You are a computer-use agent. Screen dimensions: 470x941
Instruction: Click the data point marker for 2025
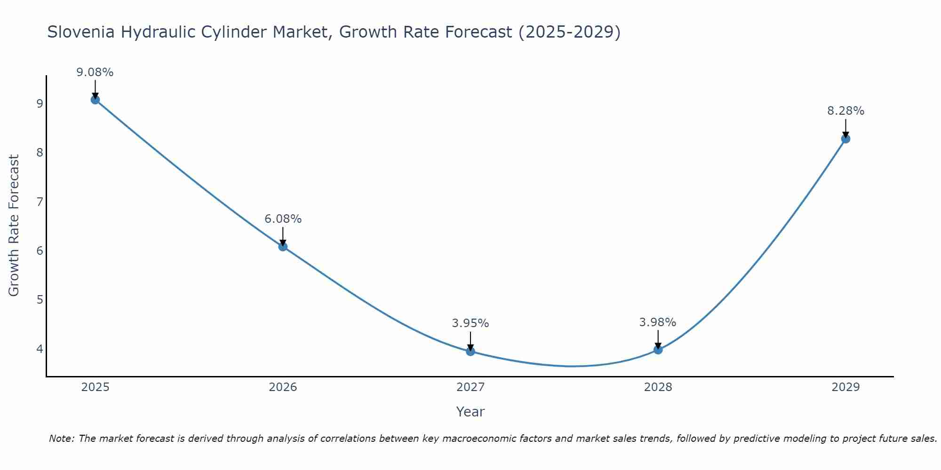point(95,100)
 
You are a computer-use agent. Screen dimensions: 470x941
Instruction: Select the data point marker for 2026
point(283,246)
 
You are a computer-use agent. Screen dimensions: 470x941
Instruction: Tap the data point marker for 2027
point(470,351)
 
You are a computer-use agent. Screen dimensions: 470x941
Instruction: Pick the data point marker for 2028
point(658,350)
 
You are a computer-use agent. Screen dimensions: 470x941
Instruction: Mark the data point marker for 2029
point(845,139)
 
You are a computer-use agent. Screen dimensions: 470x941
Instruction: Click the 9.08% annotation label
point(95,72)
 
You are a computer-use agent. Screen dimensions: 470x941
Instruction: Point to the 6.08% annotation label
point(283,219)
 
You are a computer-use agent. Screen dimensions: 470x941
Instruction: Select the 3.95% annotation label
point(470,323)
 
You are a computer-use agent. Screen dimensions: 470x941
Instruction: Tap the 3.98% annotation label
point(658,322)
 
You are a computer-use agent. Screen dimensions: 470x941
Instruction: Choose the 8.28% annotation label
point(845,111)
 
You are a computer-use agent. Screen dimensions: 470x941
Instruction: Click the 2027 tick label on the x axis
point(470,387)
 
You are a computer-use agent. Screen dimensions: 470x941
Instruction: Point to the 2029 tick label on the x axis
point(845,387)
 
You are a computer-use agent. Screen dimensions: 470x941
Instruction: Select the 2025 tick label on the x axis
point(95,387)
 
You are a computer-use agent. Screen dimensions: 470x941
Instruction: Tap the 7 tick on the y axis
point(40,202)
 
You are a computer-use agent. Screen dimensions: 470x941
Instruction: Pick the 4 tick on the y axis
point(40,349)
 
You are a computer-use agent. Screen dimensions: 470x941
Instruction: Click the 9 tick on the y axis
point(40,103)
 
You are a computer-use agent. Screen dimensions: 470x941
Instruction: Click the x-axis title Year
point(470,412)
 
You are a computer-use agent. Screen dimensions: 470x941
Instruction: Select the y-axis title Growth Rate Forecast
point(14,226)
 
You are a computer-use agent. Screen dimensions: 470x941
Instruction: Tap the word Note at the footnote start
point(61,439)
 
